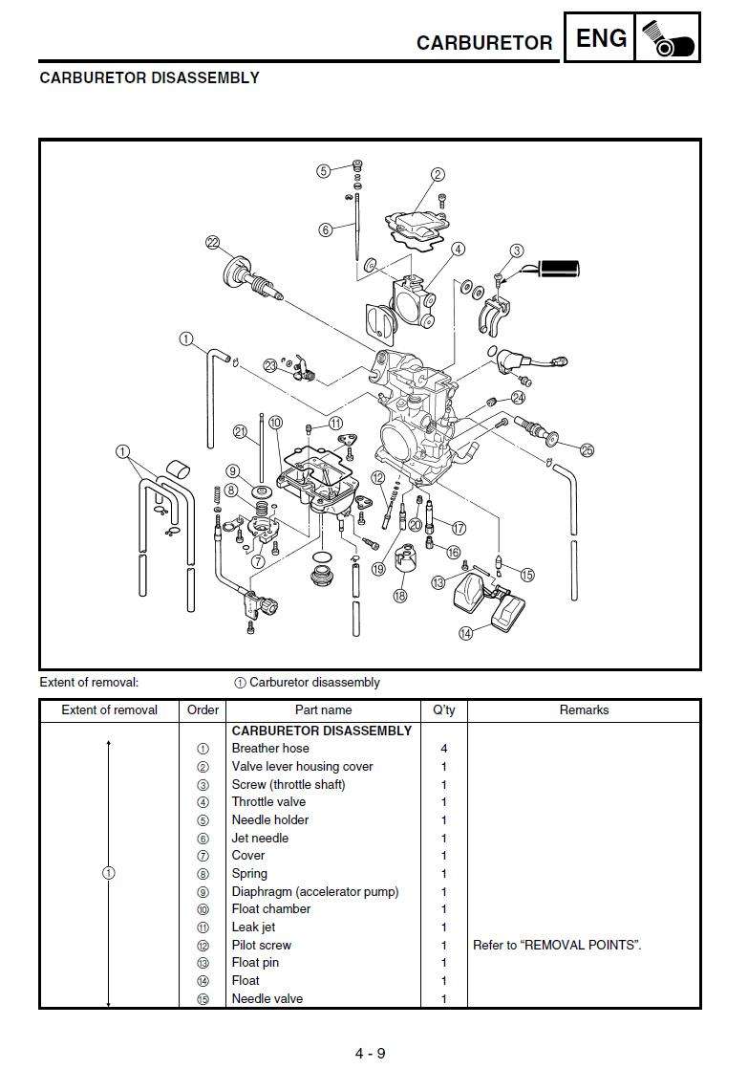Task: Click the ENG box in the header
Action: coord(603,39)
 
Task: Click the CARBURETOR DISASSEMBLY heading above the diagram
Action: coord(149,78)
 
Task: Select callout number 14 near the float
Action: coord(465,632)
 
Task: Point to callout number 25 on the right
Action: coord(587,449)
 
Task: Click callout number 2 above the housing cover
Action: coord(438,174)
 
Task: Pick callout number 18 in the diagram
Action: coord(399,595)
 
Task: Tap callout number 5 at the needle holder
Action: coord(324,171)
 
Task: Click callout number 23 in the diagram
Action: coord(271,365)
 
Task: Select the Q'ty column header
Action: coord(444,710)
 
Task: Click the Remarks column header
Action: coord(584,710)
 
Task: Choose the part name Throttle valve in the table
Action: coord(268,802)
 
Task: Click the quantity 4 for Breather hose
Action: coord(444,749)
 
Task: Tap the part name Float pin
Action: coord(260,963)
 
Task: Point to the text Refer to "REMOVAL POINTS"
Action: coord(557,945)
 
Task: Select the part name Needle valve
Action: coord(267,998)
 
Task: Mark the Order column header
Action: coord(203,710)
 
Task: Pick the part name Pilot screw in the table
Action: coord(262,945)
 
